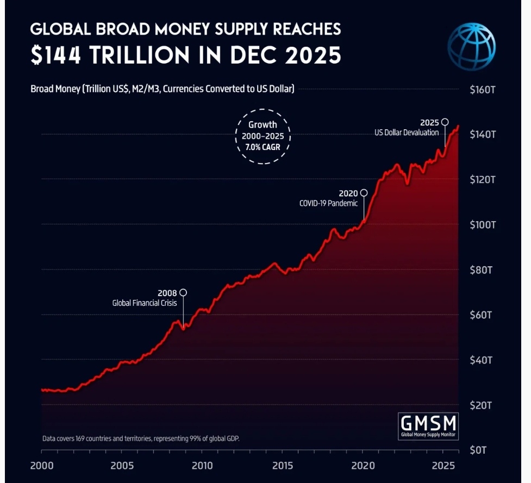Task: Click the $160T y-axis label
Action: pyautogui.click(x=482, y=89)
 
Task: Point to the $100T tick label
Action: pyautogui.click(x=482, y=224)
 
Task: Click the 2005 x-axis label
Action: pyautogui.click(x=122, y=466)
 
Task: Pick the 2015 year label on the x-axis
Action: pyautogui.click(x=282, y=466)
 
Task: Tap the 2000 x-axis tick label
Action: pyautogui.click(x=42, y=466)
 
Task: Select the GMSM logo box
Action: pyautogui.click(x=428, y=425)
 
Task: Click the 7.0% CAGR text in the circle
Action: pyautogui.click(x=263, y=147)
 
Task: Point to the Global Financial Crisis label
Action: pyautogui.click(x=145, y=303)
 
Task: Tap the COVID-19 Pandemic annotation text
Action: pyautogui.click(x=328, y=203)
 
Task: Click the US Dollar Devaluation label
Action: pyautogui.click(x=407, y=133)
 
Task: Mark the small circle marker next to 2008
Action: pyautogui.click(x=183, y=292)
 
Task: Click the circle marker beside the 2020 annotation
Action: pyautogui.click(x=364, y=193)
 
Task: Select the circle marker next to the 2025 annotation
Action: pyautogui.click(x=445, y=122)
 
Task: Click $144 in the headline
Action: pyautogui.click(x=59, y=55)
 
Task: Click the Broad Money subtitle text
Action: pyautogui.click(x=162, y=89)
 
